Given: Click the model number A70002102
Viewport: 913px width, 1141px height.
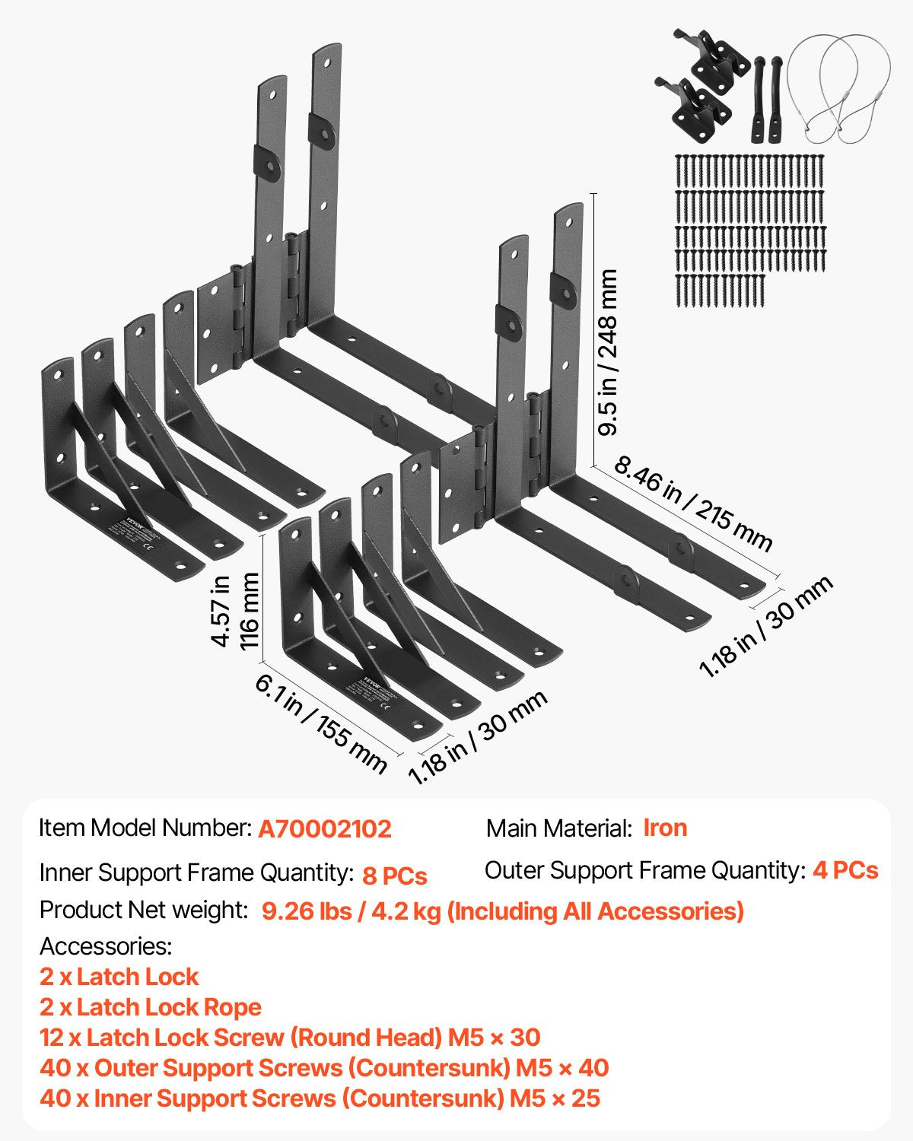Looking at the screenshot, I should (x=325, y=828).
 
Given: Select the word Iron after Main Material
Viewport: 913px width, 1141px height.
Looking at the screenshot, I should (x=665, y=828).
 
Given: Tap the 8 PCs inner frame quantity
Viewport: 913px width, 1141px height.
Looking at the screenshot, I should (x=394, y=876).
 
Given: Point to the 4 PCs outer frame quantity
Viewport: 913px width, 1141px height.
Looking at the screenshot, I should (x=845, y=870).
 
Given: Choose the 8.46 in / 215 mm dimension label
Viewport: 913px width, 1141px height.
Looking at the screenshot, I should (x=692, y=502).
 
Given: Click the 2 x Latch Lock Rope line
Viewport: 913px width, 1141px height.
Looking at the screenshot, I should (x=151, y=1007).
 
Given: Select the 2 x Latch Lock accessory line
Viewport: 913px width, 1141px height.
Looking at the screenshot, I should (x=119, y=977).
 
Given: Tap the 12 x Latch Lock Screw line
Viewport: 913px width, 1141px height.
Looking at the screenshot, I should (x=290, y=1038).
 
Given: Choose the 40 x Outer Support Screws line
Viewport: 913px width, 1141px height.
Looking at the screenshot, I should (x=324, y=1068).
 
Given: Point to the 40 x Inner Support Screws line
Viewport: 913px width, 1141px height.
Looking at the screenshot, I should (x=320, y=1098).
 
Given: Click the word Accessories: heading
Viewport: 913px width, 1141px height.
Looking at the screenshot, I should (x=106, y=946).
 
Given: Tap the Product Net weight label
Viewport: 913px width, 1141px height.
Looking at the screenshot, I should (x=144, y=910).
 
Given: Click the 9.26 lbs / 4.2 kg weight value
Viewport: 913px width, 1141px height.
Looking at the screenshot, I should (x=502, y=911).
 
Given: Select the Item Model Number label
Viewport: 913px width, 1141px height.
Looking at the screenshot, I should (x=145, y=828).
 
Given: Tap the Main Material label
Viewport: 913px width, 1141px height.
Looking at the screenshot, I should (x=559, y=828).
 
